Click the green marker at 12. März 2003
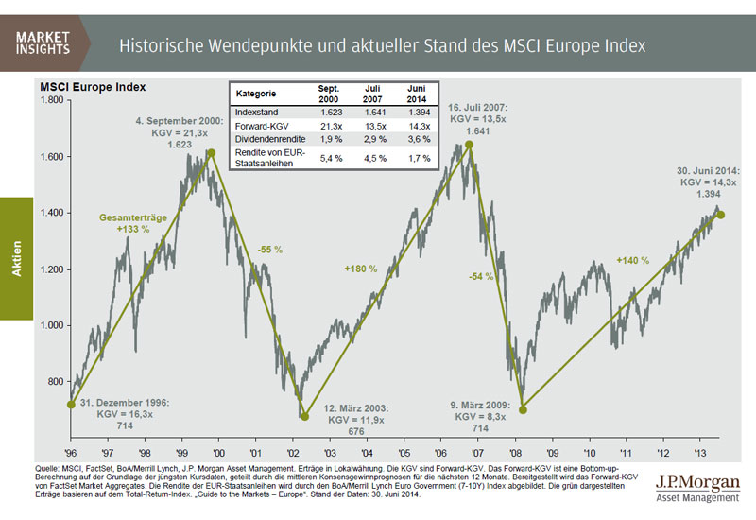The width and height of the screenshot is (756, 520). tap(304, 415)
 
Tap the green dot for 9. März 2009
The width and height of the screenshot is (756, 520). tap(523, 409)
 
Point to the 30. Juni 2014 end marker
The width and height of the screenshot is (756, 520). tap(720, 214)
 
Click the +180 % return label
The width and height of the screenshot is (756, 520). tap(360, 269)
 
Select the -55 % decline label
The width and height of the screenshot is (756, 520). tap(270, 250)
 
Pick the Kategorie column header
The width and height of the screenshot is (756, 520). tap(256, 95)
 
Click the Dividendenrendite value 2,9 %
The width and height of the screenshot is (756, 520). tap(371, 139)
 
